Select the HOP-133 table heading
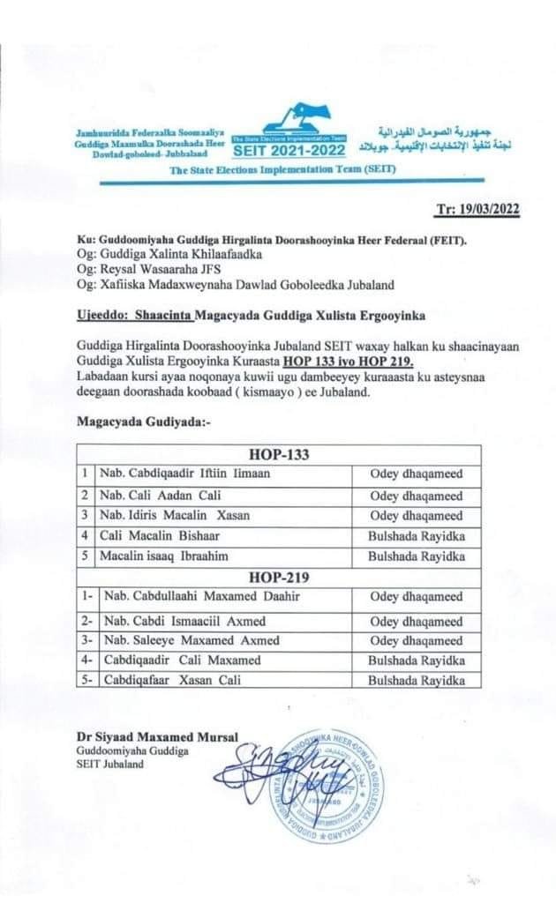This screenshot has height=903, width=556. tap(278, 455)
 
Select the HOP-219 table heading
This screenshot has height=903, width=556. tap(278, 577)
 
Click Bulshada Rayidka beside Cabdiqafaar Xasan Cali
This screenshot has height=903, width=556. tap(415, 680)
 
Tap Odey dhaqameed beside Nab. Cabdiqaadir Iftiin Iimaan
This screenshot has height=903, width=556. tap(416, 474)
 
